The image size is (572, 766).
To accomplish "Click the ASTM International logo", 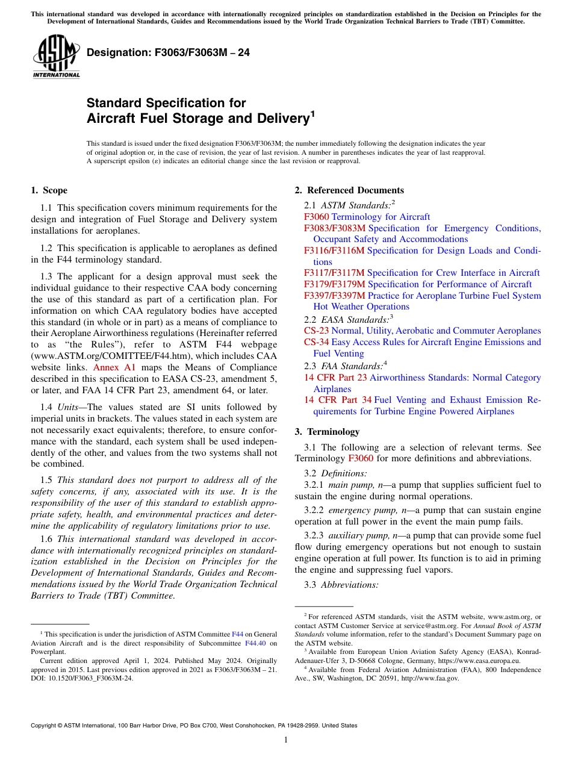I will click(x=56, y=57).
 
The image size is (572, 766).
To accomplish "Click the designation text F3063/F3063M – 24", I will click(x=168, y=53).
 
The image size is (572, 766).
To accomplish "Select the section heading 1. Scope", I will click(x=49, y=190).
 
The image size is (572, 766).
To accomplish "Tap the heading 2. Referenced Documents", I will click(x=349, y=190).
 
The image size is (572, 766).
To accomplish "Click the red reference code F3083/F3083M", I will click(x=335, y=228).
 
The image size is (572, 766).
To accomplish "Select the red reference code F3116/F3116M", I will click(x=334, y=251).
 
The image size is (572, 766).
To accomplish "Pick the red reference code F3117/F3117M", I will click(x=335, y=273).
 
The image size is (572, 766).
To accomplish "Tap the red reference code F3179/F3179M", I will click(x=335, y=284).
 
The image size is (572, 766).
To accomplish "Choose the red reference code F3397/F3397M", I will click(x=335, y=296).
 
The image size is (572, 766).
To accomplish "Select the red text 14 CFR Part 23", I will click(x=335, y=378).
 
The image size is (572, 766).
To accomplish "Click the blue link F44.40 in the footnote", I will click(x=256, y=643).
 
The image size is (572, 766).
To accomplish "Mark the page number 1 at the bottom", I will click(x=286, y=740).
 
